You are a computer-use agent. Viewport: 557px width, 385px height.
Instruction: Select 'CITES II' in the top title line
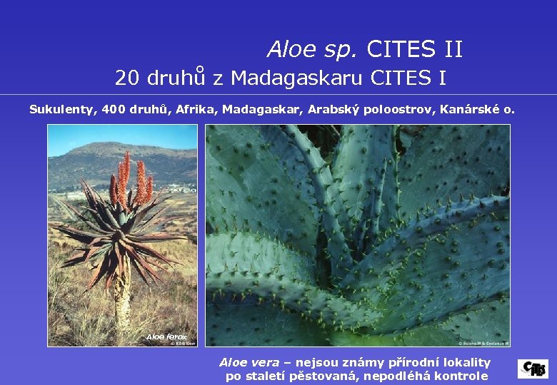414,49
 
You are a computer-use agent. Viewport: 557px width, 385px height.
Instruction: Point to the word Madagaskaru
298,77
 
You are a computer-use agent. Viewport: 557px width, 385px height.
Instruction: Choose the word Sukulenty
62,110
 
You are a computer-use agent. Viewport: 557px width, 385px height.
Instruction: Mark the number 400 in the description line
114,110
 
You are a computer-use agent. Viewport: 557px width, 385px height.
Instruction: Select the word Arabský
334,110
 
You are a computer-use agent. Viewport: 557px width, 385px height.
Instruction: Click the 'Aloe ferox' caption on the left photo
166,337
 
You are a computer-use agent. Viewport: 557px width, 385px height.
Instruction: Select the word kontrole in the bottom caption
463,376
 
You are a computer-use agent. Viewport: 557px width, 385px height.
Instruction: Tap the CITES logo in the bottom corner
533,369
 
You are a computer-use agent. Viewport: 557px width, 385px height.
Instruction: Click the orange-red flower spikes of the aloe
131,182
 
